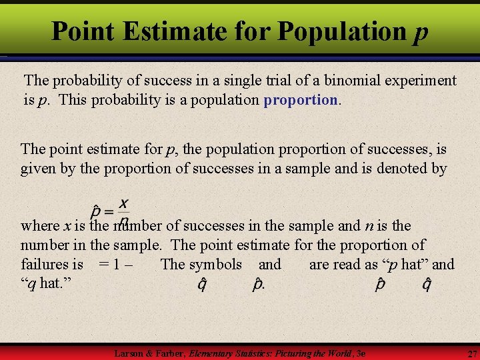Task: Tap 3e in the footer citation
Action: point(361,352)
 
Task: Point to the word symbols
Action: point(215,264)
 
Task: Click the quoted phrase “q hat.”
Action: point(45,283)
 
